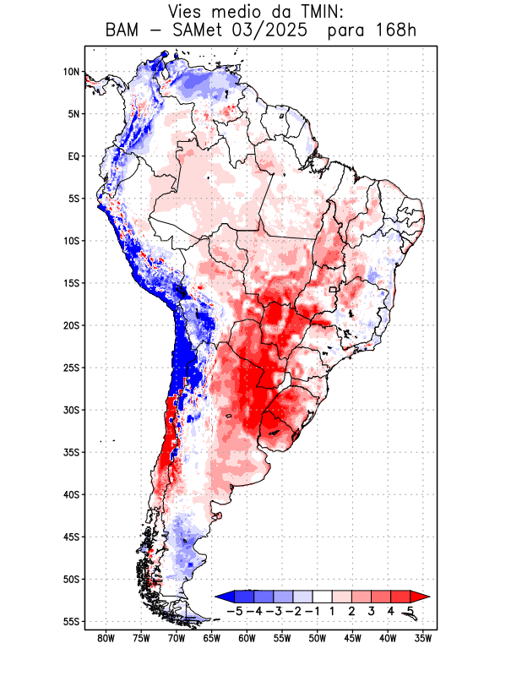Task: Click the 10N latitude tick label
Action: tap(71, 72)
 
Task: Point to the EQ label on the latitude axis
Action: tap(73, 156)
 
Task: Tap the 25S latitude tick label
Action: tap(71, 368)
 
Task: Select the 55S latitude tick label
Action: tap(71, 621)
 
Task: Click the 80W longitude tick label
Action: tap(106, 638)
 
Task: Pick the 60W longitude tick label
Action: tap(247, 638)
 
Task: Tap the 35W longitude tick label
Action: tap(423, 638)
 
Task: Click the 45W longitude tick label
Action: tap(352, 638)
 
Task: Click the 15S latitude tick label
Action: tap(71, 283)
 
